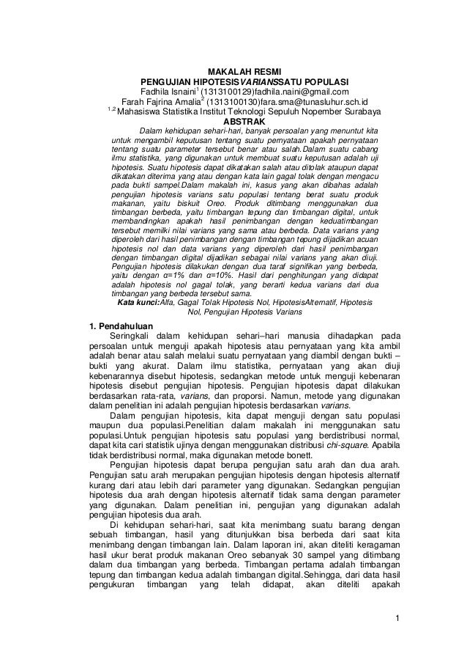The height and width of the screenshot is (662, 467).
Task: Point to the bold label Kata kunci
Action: click(x=138, y=302)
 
